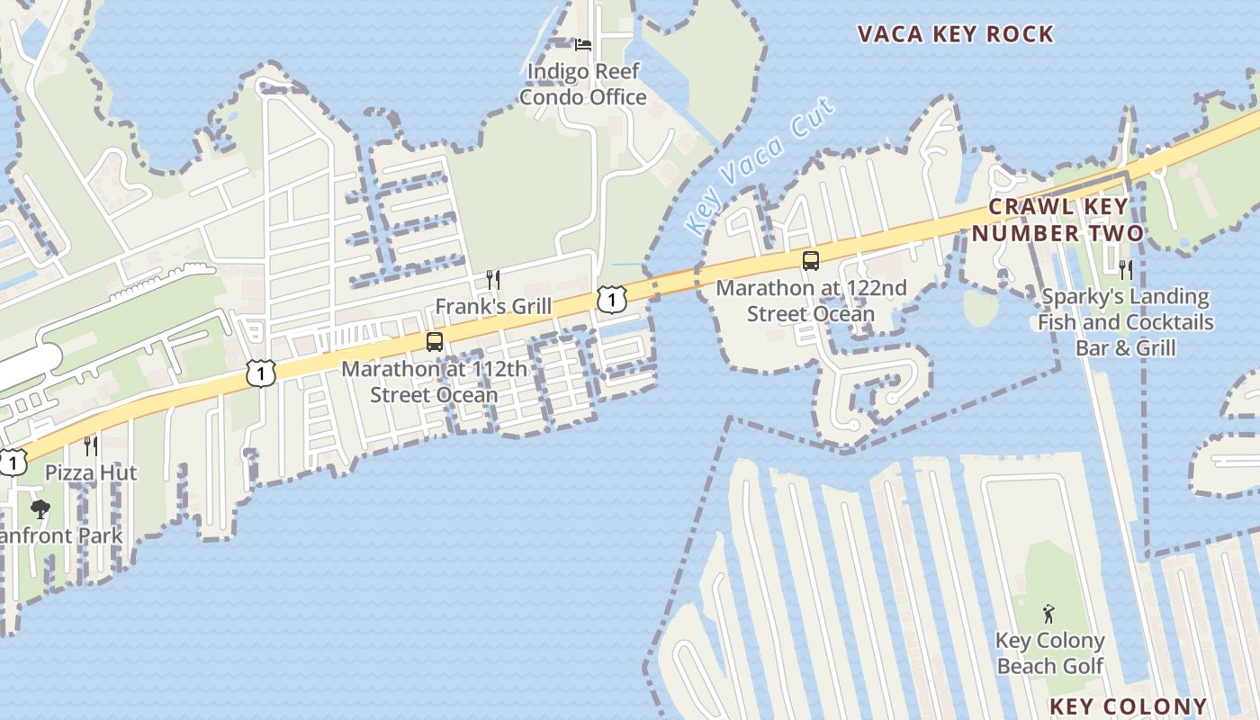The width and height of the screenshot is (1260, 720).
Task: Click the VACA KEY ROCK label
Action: pos(955,34)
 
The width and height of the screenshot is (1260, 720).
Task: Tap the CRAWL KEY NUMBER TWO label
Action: pos(1057,220)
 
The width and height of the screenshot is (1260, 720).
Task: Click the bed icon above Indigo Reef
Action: pos(583,44)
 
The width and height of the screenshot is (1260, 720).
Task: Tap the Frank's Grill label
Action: pos(493,306)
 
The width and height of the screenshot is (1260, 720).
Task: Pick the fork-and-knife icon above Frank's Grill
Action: pos(492,279)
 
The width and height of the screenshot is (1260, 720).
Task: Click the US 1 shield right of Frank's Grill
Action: pos(611,299)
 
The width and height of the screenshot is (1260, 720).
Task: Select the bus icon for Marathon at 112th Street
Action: pos(435,342)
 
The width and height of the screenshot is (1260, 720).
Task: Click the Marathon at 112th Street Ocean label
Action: pos(435,382)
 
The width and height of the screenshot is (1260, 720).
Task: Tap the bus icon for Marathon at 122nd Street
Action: pos(811,261)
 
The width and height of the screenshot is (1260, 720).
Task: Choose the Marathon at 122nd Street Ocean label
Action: pos(811,301)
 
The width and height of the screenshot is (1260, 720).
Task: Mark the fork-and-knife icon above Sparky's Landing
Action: pos(1125,268)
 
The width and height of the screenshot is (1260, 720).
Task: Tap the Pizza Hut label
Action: pos(91,472)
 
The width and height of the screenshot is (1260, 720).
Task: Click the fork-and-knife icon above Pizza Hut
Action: pos(90,445)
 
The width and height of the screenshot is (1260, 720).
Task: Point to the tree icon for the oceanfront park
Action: pos(40,509)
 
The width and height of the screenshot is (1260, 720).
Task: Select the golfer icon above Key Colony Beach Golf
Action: pos(1048,615)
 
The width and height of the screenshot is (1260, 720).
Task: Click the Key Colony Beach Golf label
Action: pos(1049,653)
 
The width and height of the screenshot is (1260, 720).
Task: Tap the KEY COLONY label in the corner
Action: pos(1128,706)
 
